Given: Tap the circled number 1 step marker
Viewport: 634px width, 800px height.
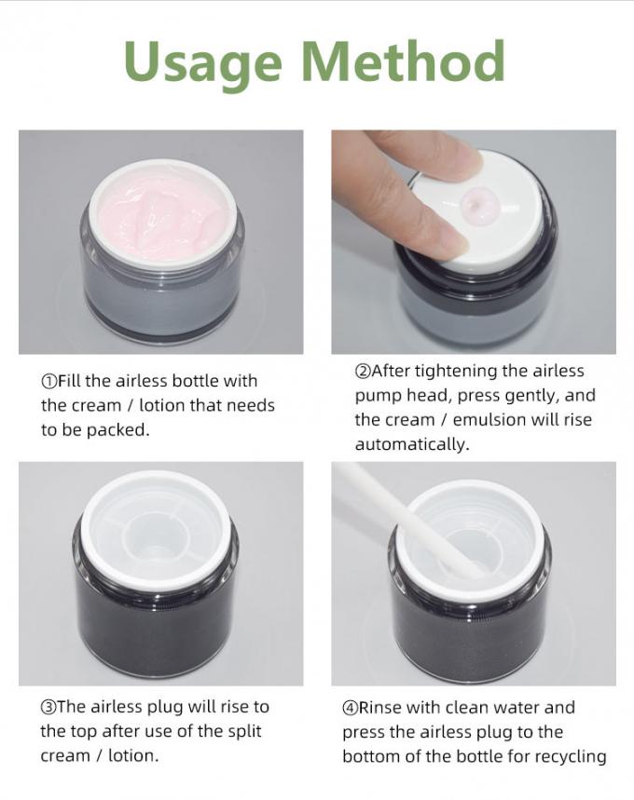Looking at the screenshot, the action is [x=49, y=381].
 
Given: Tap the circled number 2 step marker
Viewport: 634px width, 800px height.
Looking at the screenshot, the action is [x=362, y=371].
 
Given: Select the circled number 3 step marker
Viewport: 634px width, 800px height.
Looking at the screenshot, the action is [x=48, y=707].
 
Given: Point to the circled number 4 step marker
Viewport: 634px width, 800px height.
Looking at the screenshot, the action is [x=350, y=708].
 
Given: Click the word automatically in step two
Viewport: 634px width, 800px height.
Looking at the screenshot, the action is [x=412, y=444].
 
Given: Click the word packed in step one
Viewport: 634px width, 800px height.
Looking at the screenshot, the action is [x=117, y=430].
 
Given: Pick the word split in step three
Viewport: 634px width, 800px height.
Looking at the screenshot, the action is [x=243, y=732].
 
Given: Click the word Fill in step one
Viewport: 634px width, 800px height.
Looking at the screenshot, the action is [x=68, y=381].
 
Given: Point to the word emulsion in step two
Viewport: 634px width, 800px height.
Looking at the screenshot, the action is [x=489, y=420].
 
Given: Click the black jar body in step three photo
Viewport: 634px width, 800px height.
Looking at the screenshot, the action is [x=155, y=612].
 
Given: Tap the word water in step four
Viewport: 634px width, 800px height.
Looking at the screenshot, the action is [x=516, y=708].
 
